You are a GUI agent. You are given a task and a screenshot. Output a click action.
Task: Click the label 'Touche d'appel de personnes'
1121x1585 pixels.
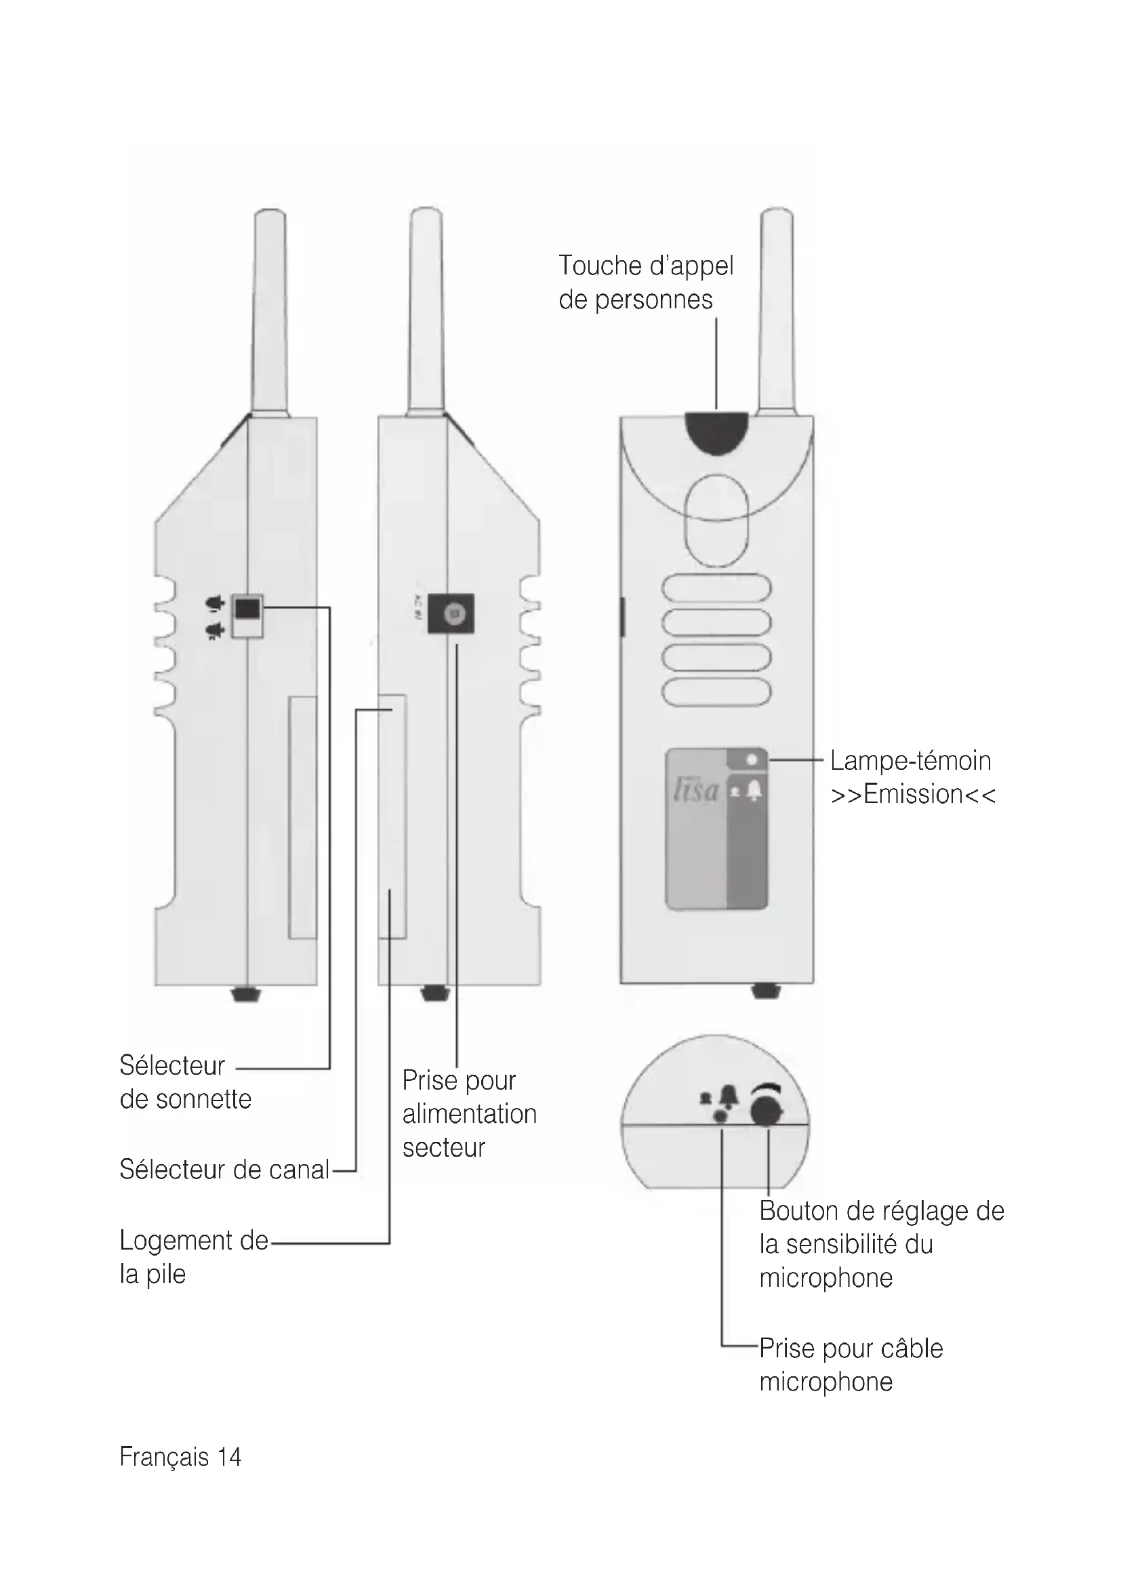pos(645,283)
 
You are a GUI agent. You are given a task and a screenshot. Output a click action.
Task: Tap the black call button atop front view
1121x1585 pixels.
pos(716,432)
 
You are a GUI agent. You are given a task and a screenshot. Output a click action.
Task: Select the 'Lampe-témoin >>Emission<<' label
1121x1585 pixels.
pos(912,777)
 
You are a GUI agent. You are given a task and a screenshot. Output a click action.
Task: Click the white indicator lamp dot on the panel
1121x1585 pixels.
pos(752,760)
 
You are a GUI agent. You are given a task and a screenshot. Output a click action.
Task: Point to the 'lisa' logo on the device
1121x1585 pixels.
pos(697,790)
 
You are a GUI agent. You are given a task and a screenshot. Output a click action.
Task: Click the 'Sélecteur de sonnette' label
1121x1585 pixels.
pos(185,1082)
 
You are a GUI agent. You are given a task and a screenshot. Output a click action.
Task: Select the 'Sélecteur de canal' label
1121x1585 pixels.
pos(224,1170)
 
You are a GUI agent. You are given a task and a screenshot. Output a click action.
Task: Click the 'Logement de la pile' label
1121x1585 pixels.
pos(193,1257)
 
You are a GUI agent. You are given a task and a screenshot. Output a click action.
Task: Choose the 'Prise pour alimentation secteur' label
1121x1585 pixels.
pos(469,1114)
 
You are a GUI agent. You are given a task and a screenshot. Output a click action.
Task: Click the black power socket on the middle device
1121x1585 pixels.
pos(451,613)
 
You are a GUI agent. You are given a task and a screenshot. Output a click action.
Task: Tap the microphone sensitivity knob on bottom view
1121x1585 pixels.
pos(767,1111)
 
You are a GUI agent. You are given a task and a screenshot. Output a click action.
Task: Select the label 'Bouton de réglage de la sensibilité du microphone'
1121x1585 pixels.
pos(881,1244)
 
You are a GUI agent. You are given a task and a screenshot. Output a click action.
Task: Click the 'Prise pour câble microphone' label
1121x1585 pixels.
pos(851,1365)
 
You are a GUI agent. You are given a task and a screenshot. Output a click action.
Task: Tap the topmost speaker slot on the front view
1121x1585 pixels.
pos(716,588)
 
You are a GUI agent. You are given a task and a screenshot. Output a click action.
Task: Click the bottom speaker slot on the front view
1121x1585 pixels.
pos(716,692)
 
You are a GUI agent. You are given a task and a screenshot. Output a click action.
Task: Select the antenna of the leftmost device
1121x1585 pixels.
pos(270,310)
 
